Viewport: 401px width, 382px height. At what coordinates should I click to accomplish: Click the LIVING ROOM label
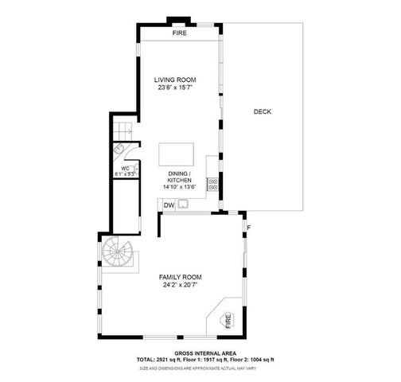175,80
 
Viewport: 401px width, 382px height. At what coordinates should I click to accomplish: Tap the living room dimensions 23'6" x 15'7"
175,88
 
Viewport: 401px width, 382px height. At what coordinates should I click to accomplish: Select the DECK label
263,111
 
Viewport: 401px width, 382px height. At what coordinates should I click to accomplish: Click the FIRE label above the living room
180,33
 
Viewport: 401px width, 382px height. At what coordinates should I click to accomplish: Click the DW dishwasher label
169,205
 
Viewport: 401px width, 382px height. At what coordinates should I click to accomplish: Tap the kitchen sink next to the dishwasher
184,205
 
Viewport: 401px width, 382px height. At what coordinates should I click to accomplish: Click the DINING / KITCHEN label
179,177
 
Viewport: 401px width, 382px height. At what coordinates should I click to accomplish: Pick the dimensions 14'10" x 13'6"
179,187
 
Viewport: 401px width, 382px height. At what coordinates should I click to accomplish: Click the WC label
125,167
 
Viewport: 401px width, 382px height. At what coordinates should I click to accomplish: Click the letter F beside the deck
248,228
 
